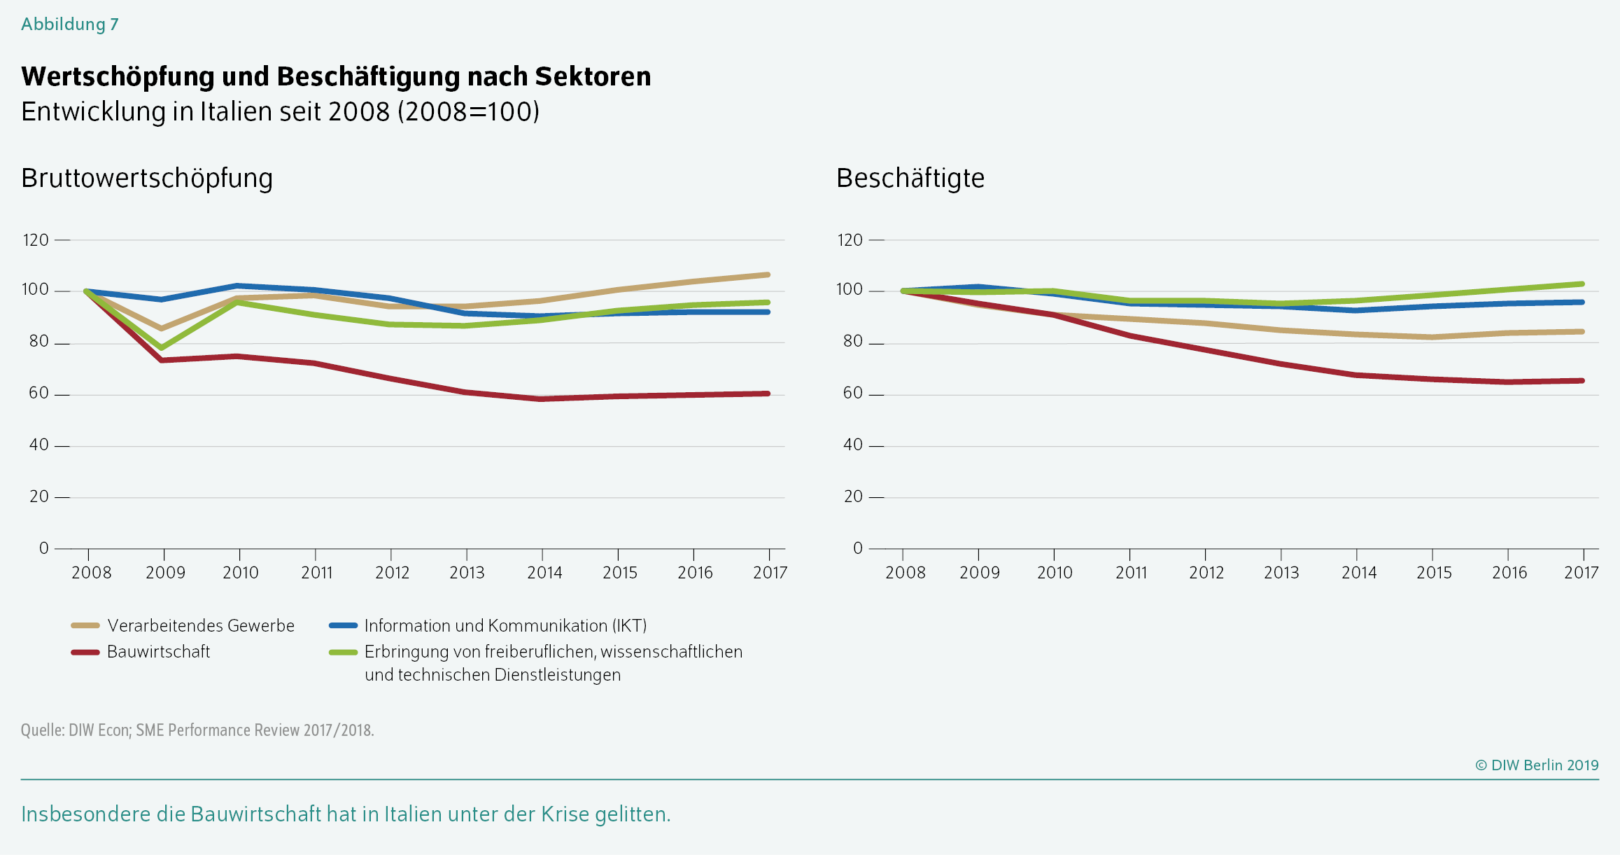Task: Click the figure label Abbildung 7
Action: [x=70, y=25]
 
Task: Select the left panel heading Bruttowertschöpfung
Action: [x=147, y=179]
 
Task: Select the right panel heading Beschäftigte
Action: [x=910, y=179]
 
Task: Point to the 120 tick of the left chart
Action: [x=36, y=240]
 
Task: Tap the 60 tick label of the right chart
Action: [x=852, y=394]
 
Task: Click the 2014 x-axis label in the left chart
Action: [x=544, y=573]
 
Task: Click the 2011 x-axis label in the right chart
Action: [x=1131, y=573]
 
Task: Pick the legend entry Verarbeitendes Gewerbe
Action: [x=201, y=626]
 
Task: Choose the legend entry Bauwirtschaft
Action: [x=158, y=652]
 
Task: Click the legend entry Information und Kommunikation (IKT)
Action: [x=505, y=626]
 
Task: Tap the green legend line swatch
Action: [x=344, y=653]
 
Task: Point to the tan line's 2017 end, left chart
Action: [x=768, y=275]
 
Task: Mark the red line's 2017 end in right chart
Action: [x=1582, y=381]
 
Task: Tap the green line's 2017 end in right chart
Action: [x=1582, y=284]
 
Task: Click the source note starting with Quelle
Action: [x=197, y=730]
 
